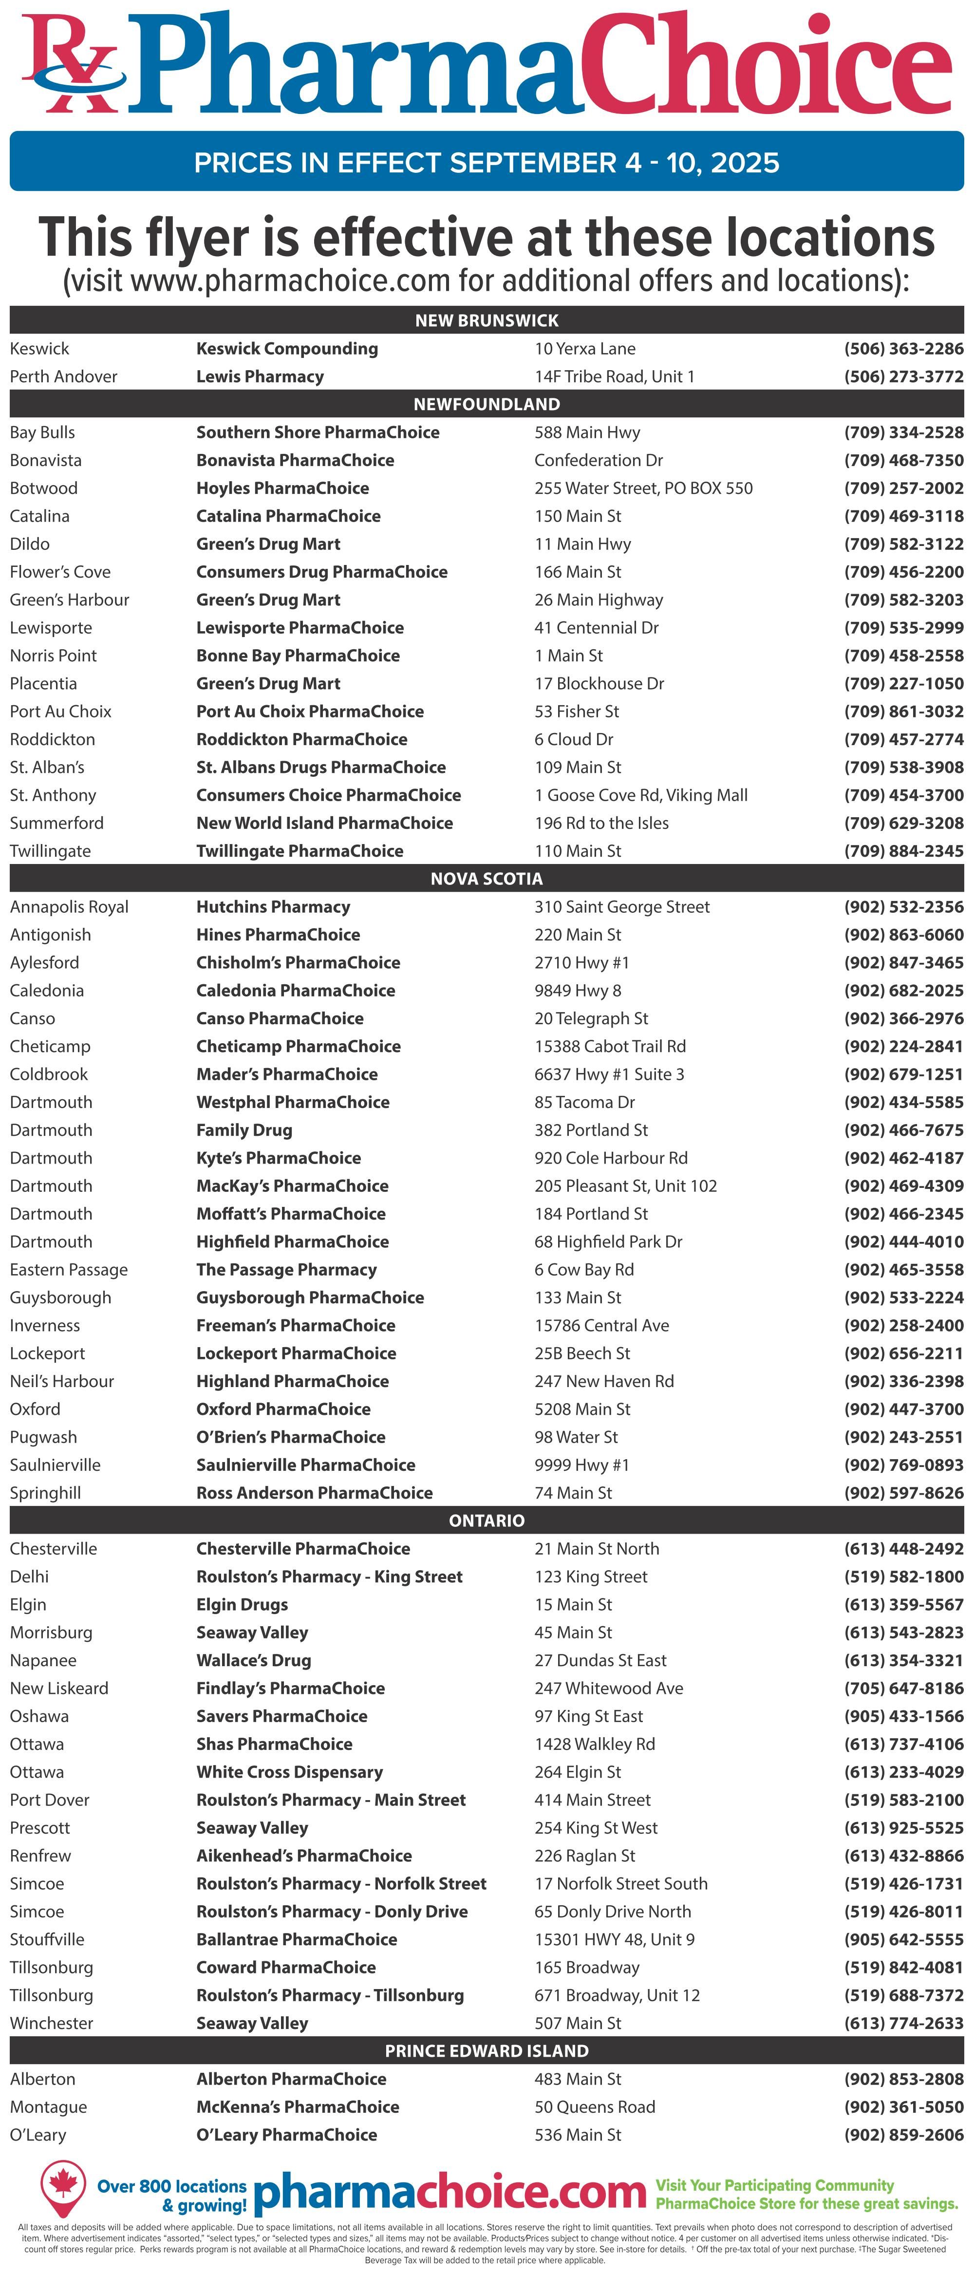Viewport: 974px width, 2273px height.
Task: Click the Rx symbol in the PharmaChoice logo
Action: pos(71,66)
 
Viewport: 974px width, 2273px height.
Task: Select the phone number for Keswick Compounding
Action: pos(903,349)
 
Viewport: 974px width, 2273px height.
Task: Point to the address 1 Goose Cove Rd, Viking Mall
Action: pos(640,795)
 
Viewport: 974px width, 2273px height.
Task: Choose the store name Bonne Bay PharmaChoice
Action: pos(298,656)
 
